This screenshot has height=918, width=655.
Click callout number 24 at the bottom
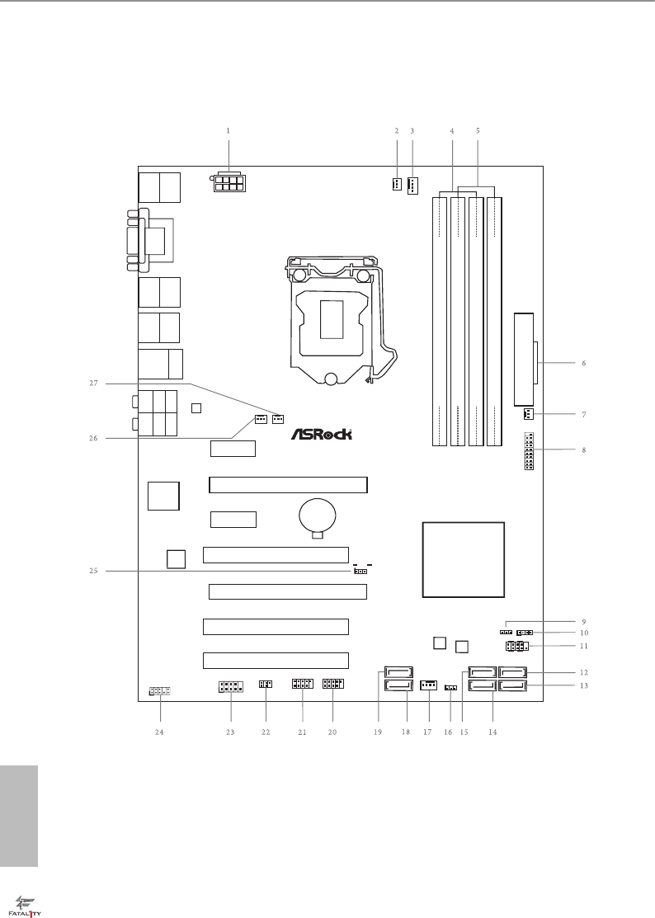click(x=159, y=732)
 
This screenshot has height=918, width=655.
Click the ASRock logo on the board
click(x=327, y=435)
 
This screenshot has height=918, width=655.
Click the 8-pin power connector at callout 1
click(x=228, y=182)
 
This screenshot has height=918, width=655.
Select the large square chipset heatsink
click(x=463, y=559)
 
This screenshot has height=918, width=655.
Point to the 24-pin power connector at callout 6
click(x=525, y=349)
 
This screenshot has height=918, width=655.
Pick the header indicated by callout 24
click(x=160, y=690)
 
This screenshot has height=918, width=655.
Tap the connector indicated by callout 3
click(x=412, y=185)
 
